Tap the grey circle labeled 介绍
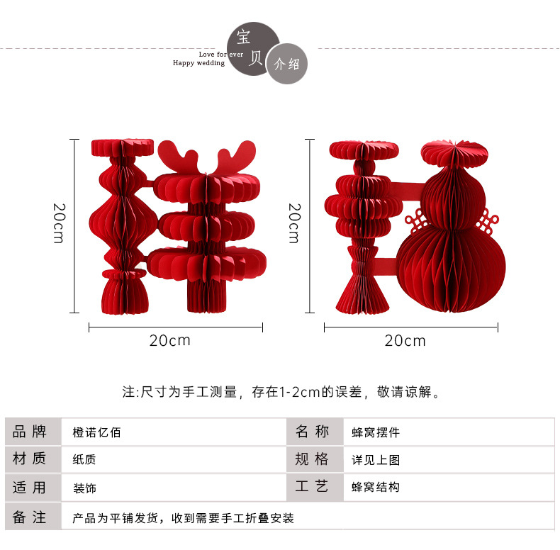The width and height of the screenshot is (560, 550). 286,64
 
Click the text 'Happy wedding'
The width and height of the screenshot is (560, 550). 198,63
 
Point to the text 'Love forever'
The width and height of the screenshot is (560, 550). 221,54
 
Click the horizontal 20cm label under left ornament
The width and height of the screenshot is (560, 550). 170,340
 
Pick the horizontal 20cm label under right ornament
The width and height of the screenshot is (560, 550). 405,341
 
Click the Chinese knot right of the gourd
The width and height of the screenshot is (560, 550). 487,224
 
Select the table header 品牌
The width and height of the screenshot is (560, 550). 30,432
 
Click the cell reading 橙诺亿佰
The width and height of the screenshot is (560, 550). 97,432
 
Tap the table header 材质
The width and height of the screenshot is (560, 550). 30,459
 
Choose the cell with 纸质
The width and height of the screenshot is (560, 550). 84,460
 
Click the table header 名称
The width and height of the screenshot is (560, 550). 313,432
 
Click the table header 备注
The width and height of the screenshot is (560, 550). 30,517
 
